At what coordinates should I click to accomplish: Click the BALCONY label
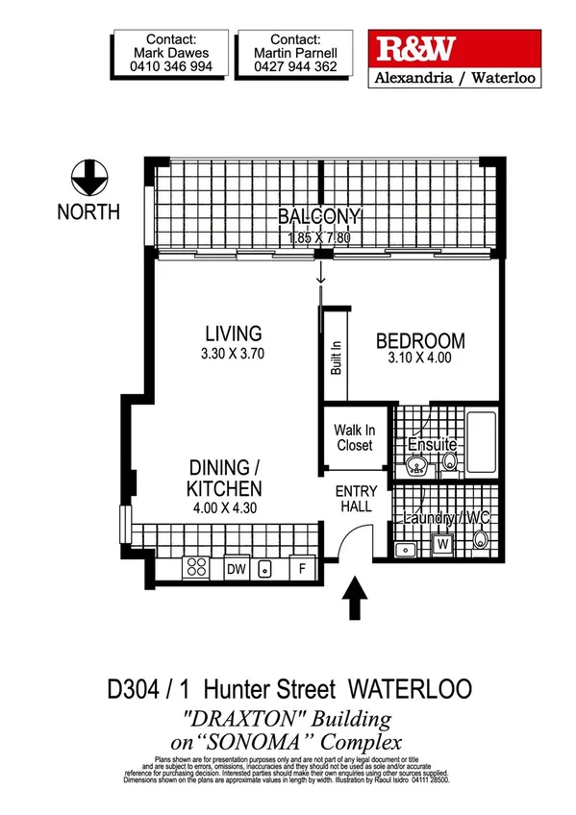click(x=319, y=216)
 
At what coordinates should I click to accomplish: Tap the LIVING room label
click(x=233, y=334)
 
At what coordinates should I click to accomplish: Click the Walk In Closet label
click(x=354, y=437)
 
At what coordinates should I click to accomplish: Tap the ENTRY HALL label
click(x=356, y=500)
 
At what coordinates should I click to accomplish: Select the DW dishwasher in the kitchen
click(x=237, y=568)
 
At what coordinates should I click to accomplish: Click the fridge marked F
click(x=301, y=568)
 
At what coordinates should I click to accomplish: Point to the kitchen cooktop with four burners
click(x=197, y=567)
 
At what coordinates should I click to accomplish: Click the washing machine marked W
click(x=443, y=544)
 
